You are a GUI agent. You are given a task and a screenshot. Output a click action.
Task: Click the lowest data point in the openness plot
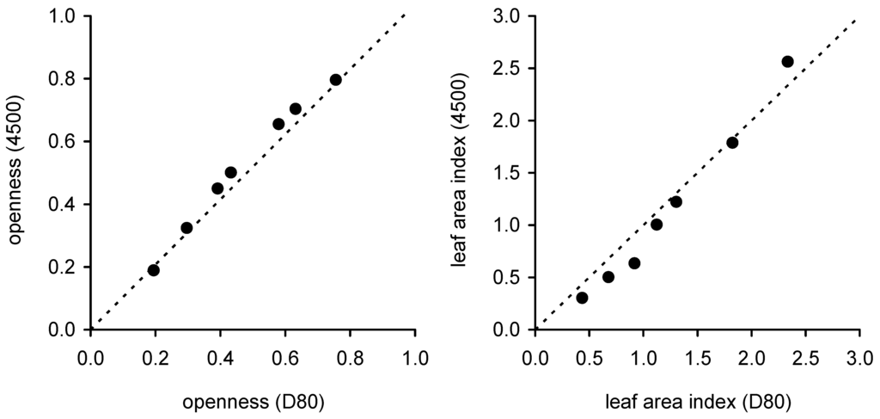pyautogui.click(x=154, y=270)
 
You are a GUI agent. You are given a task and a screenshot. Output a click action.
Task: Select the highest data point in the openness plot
pyautogui.click(x=335, y=80)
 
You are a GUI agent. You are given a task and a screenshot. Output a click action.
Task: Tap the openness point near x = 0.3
pyautogui.click(x=186, y=228)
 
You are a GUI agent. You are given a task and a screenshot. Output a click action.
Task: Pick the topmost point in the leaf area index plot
pyautogui.click(x=787, y=61)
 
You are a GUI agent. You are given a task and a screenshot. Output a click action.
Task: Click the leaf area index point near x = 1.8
pyautogui.click(x=732, y=143)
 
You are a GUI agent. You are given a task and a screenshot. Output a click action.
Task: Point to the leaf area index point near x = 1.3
pyautogui.click(x=675, y=201)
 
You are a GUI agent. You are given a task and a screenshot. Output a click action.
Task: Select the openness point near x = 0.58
pyautogui.click(x=278, y=124)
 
